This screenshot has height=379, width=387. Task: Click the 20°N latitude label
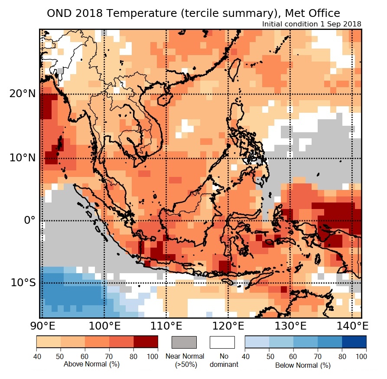(x=21, y=94)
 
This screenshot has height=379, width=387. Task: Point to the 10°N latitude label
(x=21, y=158)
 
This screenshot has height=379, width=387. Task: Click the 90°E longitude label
(x=41, y=326)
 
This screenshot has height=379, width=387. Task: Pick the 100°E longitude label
(x=104, y=326)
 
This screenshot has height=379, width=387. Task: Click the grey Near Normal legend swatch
(x=184, y=342)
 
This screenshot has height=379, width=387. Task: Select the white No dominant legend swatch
(x=222, y=342)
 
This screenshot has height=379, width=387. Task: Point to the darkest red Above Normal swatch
(x=145, y=342)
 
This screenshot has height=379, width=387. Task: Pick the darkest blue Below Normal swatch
(x=354, y=342)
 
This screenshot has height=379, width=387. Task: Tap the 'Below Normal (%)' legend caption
(x=303, y=365)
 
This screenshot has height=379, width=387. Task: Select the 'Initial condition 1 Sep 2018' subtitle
(x=312, y=24)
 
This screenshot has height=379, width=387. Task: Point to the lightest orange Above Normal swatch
(x=49, y=342)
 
